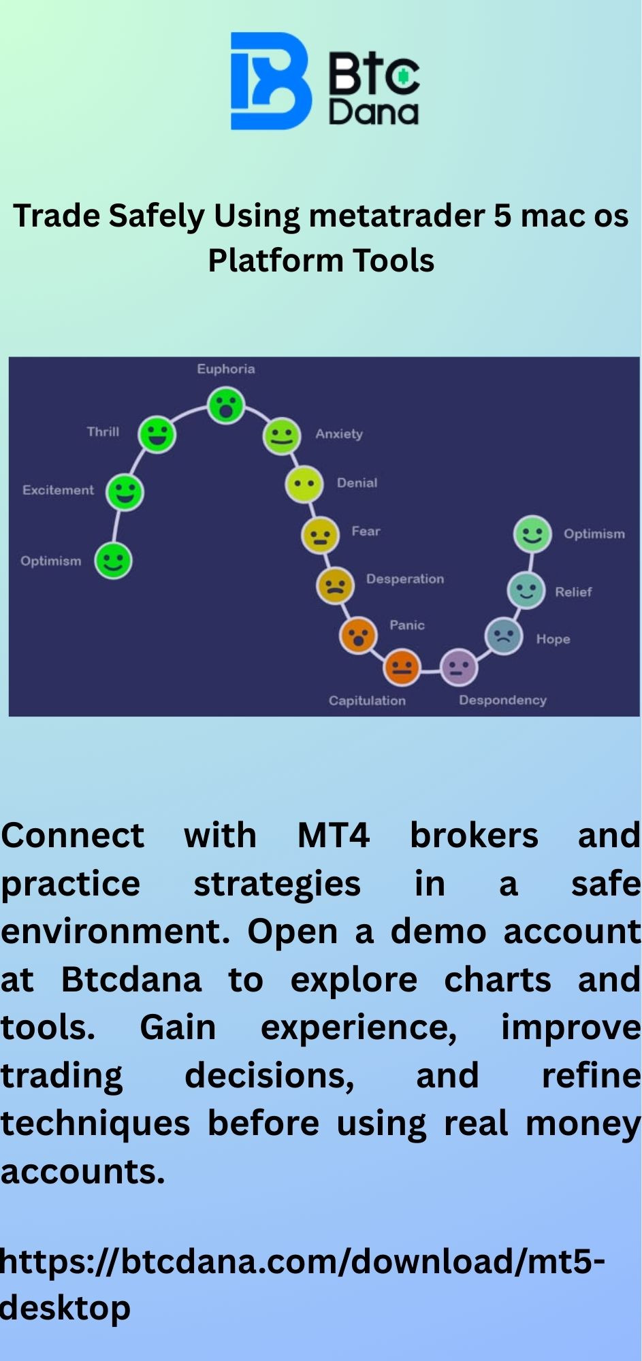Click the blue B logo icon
pyautogui.click(x=270, y=81)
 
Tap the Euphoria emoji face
pyautogui.click(x=226, y=406)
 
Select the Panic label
pyautogui.click(x=407, y=625)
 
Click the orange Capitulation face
pyautogui.click(x=402, y=668)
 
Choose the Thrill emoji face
pyautogui.click(x=157, y=434)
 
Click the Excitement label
pyautogui.click(x=58, y=490)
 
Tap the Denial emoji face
pyautogui.click(x=304, y=485)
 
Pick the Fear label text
pyautogui.click(x=366, y=531)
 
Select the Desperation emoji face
pyautogui.click(x=335, y=585)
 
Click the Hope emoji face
pyautogui.click(x=503, y=636)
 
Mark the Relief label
pyautogui.click(x=573, y=592)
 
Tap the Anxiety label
pyautogui.click(x=339, y=434)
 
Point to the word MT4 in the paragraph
pyautogui.click(x=334, y=835)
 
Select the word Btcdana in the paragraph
pyautogui.click(x=131, y=980)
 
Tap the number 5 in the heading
pyautogui.click(x=502, y=216)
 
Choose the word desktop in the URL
pyautogui.click(x=65, y=1309)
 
